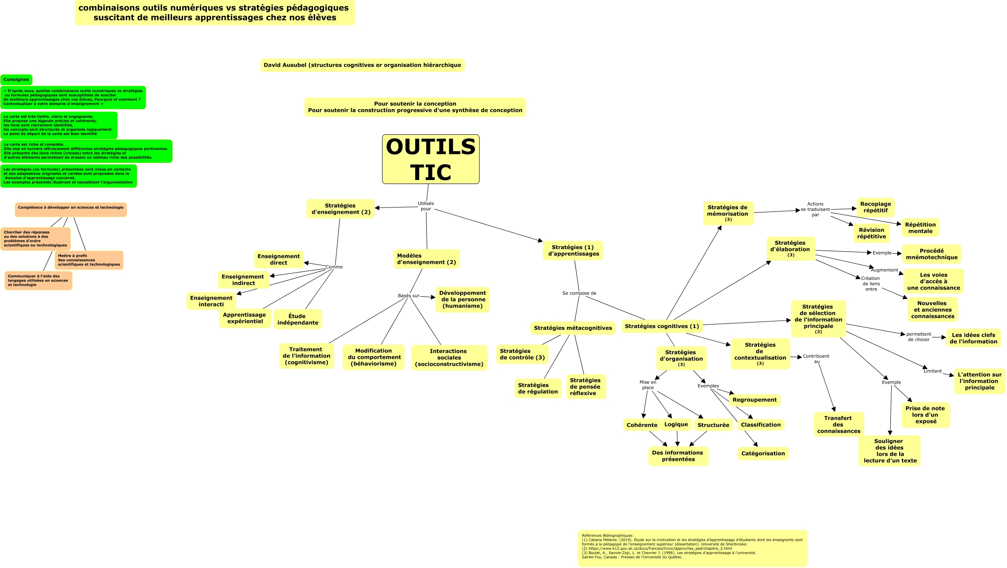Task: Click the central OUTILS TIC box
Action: (430, 159)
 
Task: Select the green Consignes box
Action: (16, 79)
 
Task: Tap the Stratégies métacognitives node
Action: (573, 328)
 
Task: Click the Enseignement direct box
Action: (278, 259)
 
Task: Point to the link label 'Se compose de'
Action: (579, 293)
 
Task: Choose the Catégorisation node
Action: (763, 453)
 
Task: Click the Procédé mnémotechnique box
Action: (931, 254)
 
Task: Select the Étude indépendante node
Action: (297, 319)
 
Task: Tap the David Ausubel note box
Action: (362, 65)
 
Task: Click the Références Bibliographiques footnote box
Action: (692, 548)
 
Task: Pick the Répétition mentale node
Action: (920, 227)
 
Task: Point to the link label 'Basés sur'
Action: (408, 296)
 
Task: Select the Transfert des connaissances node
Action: (838, 424)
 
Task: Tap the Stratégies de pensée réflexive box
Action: (585, 387)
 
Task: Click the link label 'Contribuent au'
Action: (816, 359)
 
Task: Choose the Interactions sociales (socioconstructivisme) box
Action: (449, 357)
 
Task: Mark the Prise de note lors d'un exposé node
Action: (925, 415)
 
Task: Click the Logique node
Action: (676, 424)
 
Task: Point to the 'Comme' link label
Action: (334, 267)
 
